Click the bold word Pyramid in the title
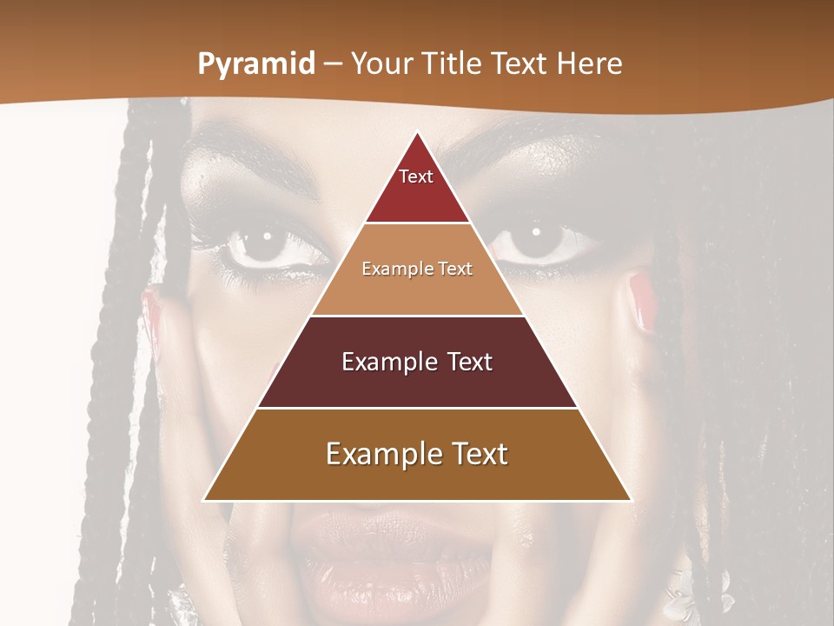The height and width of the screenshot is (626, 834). (x=256, y=64)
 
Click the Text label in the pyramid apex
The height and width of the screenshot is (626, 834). (x=416, y=176)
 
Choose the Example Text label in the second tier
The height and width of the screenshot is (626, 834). (x=417, y=269)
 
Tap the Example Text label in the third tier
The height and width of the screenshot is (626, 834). (x=417, y=362)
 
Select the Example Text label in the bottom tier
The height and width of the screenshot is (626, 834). (x=417, y=454)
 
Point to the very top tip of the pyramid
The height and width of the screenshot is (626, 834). (x=417, y=132)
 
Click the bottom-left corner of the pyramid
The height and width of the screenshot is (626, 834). (x=204, y=500)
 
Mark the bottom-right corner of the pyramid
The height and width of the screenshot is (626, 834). (x=630, y=500)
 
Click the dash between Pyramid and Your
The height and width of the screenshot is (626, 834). (x=333, y=65)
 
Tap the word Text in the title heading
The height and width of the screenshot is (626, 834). (x=519, y=64)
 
